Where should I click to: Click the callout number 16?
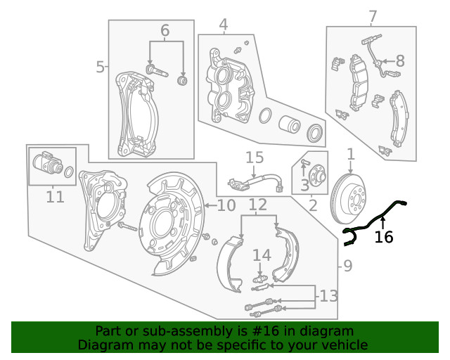(x=384, y=237)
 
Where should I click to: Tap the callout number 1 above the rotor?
(x=350, y=153)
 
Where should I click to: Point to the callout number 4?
(x=223, y=25)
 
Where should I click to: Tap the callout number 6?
(x=165, y=30)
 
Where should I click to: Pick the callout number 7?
(x=373, y=16)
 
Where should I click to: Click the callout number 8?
(x=399, y=61)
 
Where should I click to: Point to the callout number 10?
(x=226, y=205)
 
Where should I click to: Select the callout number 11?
(x=55, y=197)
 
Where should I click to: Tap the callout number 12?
(x=258, y=205)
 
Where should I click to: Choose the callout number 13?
(x=328, y=296)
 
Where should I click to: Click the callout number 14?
(x=261, y=255)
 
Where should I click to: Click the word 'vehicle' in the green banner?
(x=344, y=345)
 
